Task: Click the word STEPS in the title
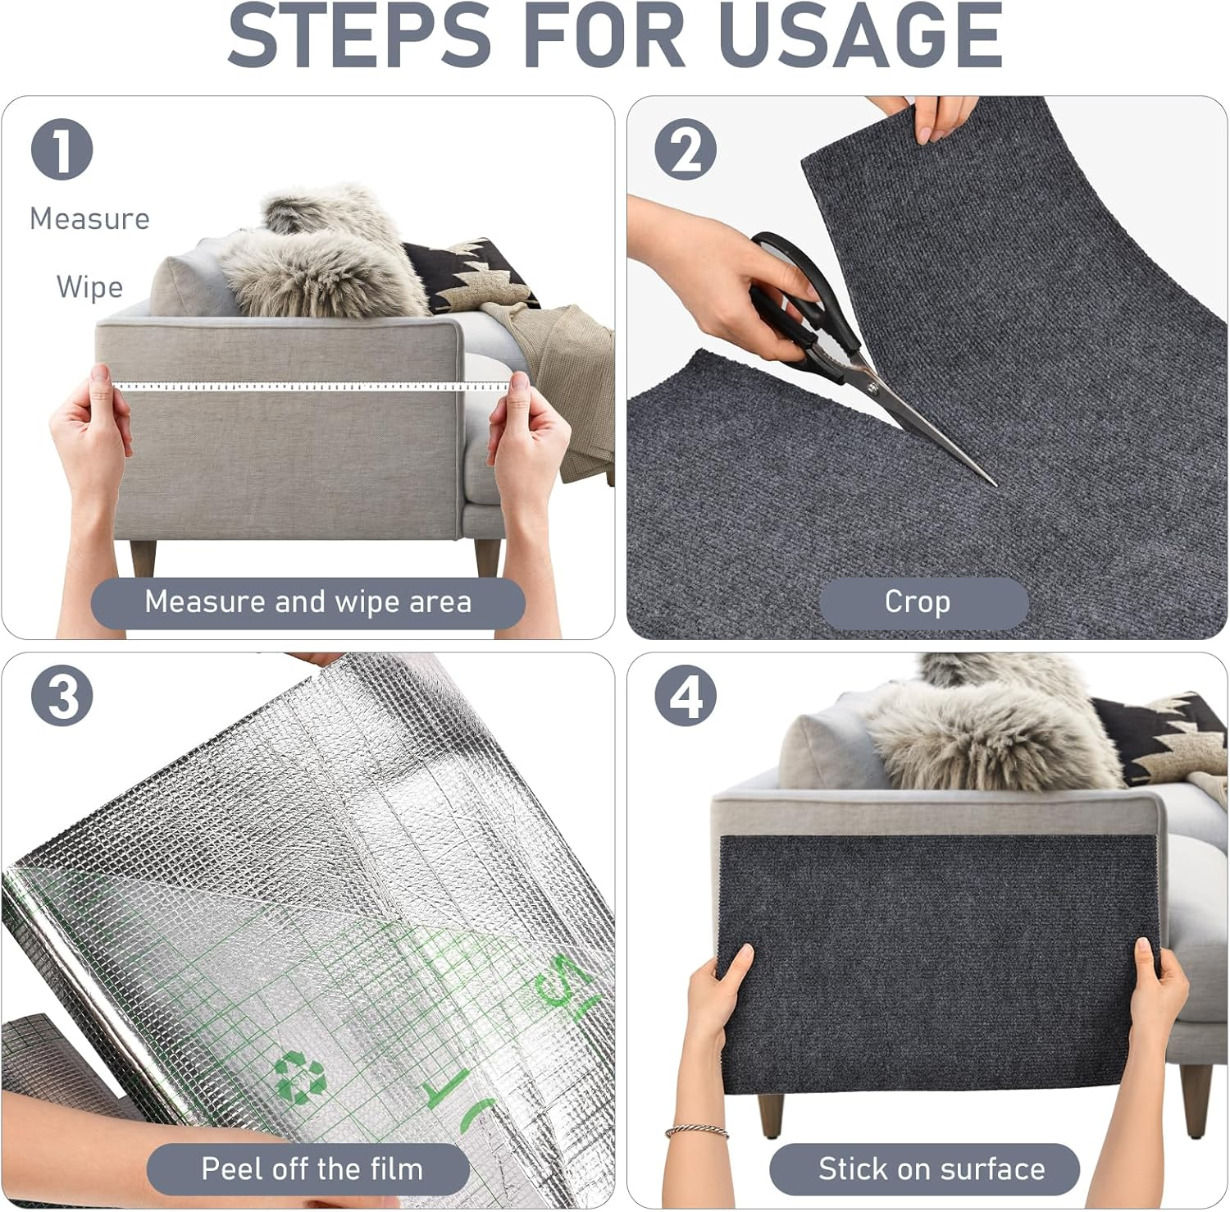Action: point(359,37)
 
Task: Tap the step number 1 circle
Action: point(61,149)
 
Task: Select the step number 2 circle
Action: point(686,149)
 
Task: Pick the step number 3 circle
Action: point(61,696)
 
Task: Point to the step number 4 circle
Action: point(686,696)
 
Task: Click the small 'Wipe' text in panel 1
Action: point(89,287)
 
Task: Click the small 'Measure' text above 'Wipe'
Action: point(89,219)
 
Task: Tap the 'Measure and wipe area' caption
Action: point(307,602)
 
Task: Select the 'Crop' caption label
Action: point(918,602)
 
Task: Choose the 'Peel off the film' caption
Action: point(312,1169)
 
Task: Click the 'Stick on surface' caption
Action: point(932,1169)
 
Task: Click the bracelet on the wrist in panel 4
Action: point(697,1132)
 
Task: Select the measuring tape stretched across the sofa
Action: point(312,386)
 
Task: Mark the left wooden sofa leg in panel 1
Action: point(143,558)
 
